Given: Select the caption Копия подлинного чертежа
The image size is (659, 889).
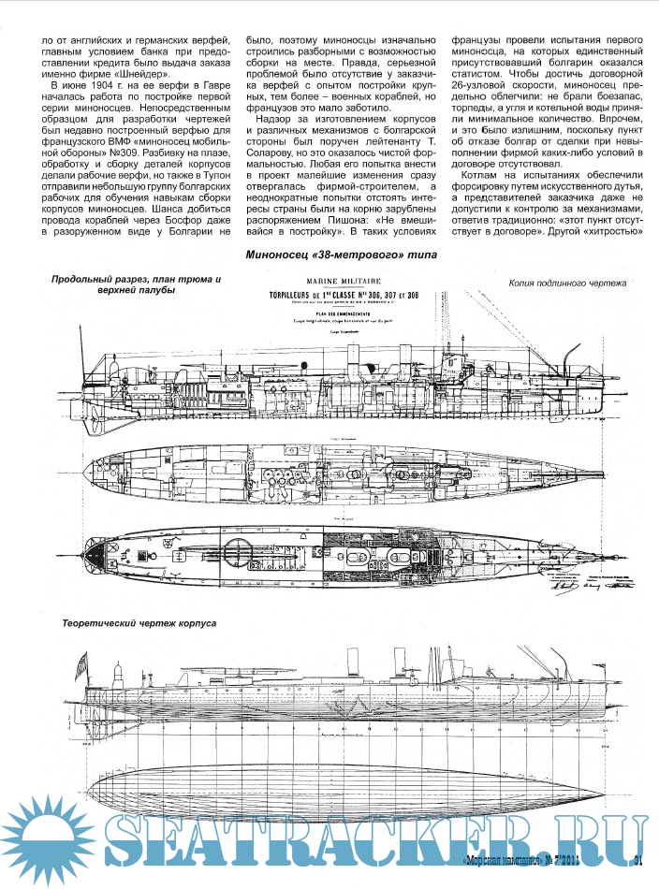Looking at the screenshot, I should click(569, 281).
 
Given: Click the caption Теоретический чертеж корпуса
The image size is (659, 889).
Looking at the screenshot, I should click(139, 622).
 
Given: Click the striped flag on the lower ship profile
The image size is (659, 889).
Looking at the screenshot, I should click(81, 663).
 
